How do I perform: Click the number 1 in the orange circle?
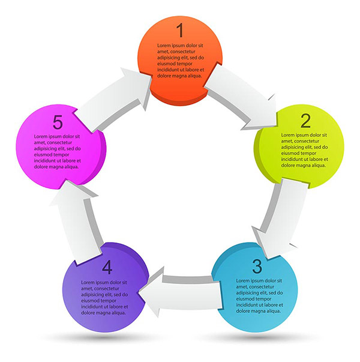180,30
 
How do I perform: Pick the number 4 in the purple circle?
107,267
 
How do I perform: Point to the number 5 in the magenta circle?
58,122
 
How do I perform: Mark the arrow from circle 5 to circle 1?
117,96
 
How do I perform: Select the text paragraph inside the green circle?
304,150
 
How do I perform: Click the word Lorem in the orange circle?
164,46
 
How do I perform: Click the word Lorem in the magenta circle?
41,136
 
